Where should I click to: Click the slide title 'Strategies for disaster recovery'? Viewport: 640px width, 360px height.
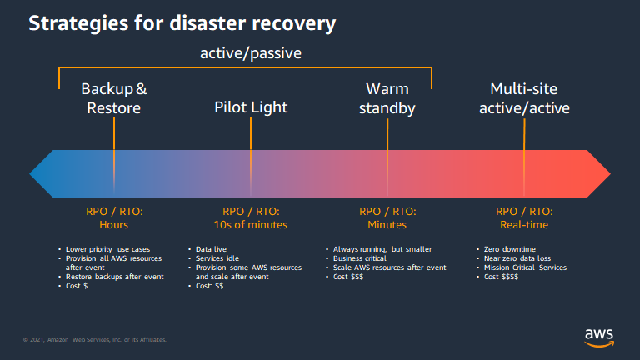(x=182, y=23)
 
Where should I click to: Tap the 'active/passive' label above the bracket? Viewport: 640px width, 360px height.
(x=250, y=54)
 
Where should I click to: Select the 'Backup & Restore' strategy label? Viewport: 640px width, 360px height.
(x=114, y=98)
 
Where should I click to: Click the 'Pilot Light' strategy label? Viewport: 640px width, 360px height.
(x=251, y=107)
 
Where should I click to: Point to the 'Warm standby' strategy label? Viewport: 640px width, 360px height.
(x=387, y=98)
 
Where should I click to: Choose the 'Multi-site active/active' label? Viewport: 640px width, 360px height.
(x=524, y=98)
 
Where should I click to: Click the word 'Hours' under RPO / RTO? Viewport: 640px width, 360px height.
(x=114, y=225)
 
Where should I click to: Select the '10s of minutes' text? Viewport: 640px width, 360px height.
(x=251, y=225)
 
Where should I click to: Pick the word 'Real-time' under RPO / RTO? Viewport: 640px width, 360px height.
(x=524, y=225)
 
